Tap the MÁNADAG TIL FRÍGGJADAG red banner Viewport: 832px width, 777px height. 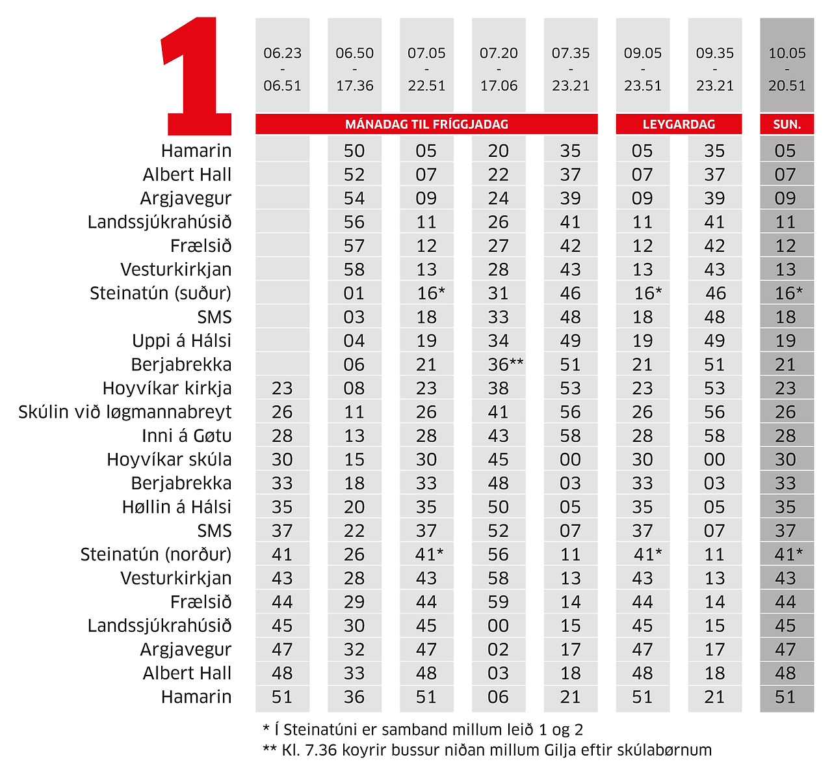tap(426, 124)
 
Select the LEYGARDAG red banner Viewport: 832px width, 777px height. tap(679, 124)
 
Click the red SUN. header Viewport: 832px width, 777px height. tap(786, 124)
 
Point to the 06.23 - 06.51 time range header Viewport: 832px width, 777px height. tap(282, 69)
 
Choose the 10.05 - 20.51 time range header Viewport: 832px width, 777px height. tap(786, 69)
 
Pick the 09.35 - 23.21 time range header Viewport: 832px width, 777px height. tap(714, 69)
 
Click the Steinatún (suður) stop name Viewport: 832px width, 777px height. tap(161, 293)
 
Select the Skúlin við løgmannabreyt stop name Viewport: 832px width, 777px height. tap(125, 412)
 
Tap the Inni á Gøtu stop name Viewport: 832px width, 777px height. tap(187, 435)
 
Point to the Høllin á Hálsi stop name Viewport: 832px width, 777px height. tap(177, 507)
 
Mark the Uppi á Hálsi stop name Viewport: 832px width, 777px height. tap(181, 340)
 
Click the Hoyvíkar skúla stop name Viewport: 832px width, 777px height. tap(169, 459)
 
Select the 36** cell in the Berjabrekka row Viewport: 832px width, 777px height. tap(505, 364)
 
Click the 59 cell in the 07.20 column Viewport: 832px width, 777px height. tap(498, 602)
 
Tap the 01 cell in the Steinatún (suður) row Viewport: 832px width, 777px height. tap(354, 293)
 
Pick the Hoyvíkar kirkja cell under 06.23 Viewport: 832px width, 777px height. tap(282, 388)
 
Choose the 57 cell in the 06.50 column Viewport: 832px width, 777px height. tap(354, 245)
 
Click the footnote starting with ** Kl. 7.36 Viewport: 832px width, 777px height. tap(487, 750)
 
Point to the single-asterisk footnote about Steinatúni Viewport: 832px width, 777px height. tap(422, 729)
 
